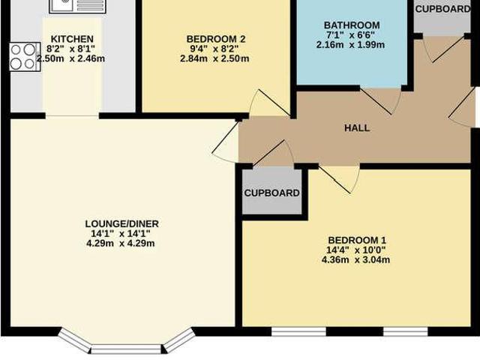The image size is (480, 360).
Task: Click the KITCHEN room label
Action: coord(72,39)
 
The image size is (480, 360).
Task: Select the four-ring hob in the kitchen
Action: coord(23,55)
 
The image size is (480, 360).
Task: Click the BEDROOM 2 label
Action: coord(215,39)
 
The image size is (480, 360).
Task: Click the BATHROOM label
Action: coord(352,25)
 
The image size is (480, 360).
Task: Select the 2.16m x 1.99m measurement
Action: coord(352,45)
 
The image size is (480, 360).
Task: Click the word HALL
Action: coord(357,127)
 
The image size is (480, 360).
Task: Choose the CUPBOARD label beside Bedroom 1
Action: coord(272,193)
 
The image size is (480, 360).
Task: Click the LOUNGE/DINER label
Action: coord(121,223)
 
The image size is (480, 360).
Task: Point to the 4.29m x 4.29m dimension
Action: coord(121,243)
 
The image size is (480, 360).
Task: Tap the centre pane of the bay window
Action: coord(125,348)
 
